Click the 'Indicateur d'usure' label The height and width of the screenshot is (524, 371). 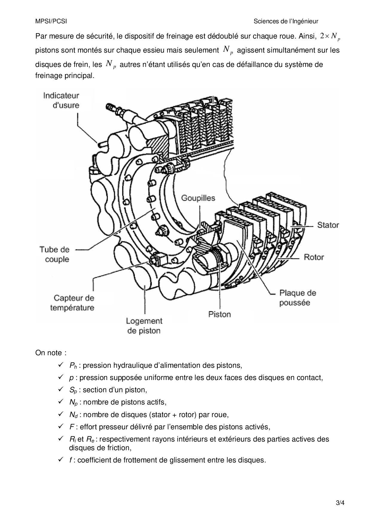61,100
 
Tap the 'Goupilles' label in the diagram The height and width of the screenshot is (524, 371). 198,198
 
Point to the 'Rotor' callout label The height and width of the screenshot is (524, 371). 314,257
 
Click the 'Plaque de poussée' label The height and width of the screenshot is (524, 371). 297,298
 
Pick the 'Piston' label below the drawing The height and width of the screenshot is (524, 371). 219,314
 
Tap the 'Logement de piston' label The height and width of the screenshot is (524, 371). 144,326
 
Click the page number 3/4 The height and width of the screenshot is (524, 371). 340,503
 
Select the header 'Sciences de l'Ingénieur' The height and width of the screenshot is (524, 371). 286,21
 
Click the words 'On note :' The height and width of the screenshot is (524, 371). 51,353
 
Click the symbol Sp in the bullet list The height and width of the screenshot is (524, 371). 73,390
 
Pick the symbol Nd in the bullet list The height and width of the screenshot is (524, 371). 73,415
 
